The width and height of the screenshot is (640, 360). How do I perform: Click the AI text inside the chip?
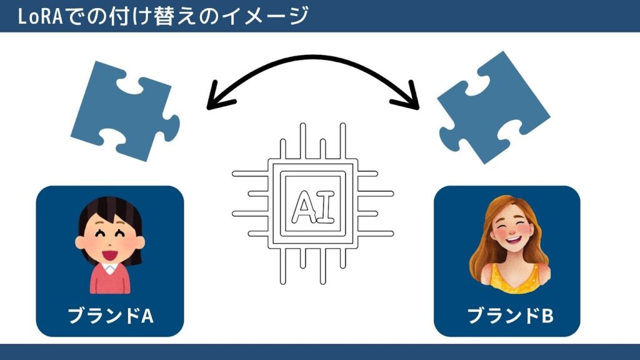[x=312, y=204]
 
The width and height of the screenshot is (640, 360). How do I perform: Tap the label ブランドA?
[x=110, y=316]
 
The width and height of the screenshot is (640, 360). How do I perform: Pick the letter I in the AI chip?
[x=325, y=204]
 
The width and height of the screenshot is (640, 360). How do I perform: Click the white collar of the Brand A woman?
[x=111, y=267]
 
